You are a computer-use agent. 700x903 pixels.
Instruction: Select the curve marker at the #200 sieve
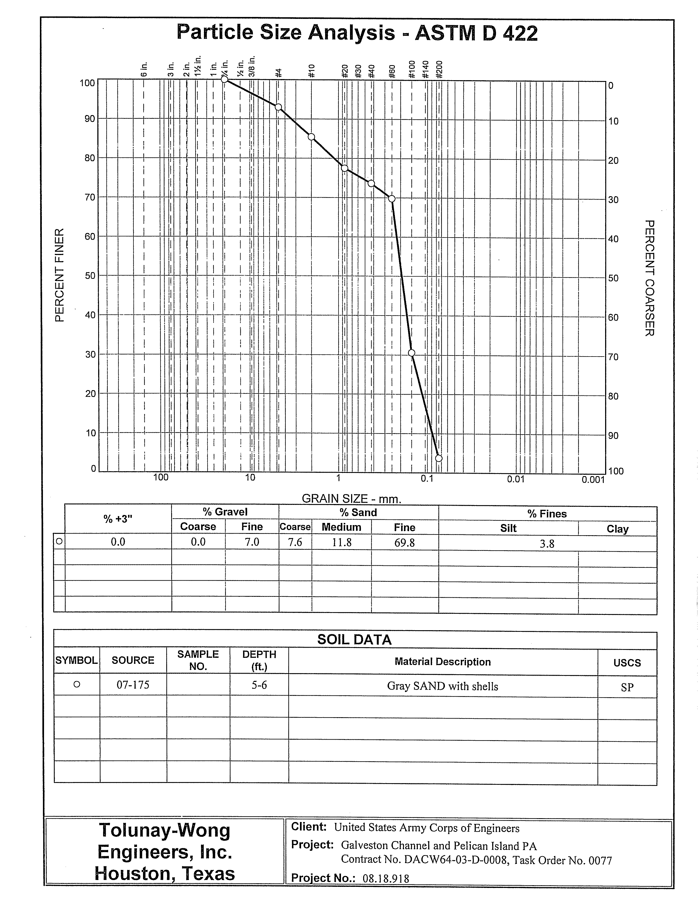pyautogui.click(x=439, y=458)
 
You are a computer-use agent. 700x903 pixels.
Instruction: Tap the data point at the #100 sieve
pyautogui.click(x=412, y=353)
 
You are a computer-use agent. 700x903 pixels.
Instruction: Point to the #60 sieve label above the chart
pyautogui.click(x=393, y=71)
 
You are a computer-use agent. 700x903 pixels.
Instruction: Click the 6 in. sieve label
pyautogui.click(x=144, y=70)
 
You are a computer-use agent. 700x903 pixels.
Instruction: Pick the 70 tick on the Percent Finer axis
pyautogui.click(x=90, y=197)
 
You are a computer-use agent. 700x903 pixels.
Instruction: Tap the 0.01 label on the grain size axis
pyautogui.click(x=516, y=479)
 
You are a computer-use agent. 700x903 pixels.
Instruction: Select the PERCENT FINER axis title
pyautogui.click(x=60, y=275)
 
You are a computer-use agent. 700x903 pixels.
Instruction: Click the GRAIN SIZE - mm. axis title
pyautogui.click(x=352, y=499)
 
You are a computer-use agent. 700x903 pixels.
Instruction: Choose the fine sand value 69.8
pyautogui.click(x=404, y=542)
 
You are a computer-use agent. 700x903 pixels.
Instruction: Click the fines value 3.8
pyautogui.click(x=547, y=544)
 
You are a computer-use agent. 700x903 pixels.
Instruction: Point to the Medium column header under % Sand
pyautogui.click(x=341, y=527)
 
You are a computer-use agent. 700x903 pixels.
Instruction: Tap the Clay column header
pyautogui.click(x=617, y=529)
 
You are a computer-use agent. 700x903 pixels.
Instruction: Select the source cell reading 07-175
pyautogui.click(x=133, y=685)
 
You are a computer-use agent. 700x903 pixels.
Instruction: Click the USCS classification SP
pyautogui.click(x=627, y=687)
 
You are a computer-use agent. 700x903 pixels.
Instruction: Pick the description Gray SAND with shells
pyautogui.click(x=443, y=686)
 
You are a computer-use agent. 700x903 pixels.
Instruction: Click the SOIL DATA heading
pyautogui.click(x=354, y=640)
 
